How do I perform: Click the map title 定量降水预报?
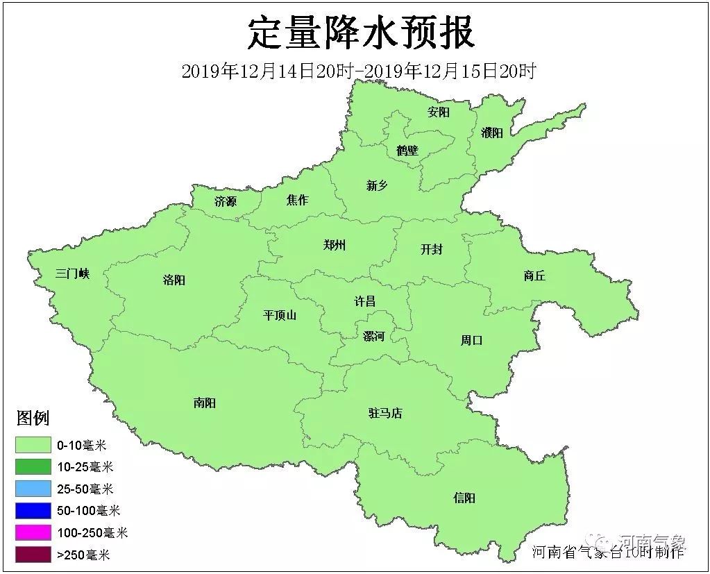click(x=361, y=33)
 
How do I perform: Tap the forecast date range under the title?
click(x=358, y=71)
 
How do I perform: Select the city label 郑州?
click(x=335, y=245)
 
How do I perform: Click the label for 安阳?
click(x=439, y=112)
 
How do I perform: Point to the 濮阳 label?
click(x=491, y=133)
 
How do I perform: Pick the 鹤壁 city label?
click(x=407, y=150)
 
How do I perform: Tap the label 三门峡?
click(x=73, y=273)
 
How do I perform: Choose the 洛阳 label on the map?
click(x=174, y=280)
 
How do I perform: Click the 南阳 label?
click(x=205, y=403)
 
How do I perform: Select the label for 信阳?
click(x=464, y=498)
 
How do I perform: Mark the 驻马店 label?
click(x=385, y=413)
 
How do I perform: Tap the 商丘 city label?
click(x=534, y=276)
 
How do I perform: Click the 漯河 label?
click(x=373, y=336)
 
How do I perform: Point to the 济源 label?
click(x=226, y=202)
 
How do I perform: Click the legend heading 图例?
click(x=33, y=418)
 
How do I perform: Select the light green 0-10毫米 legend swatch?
click(x=33, y=445)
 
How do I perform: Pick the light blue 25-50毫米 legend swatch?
click(x=33, y=489)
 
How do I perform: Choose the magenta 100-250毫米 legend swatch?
click(x=33, y=532)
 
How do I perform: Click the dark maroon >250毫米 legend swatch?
click(x=33, y=554)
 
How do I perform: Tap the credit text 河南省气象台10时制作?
click(x=608, y=552)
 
